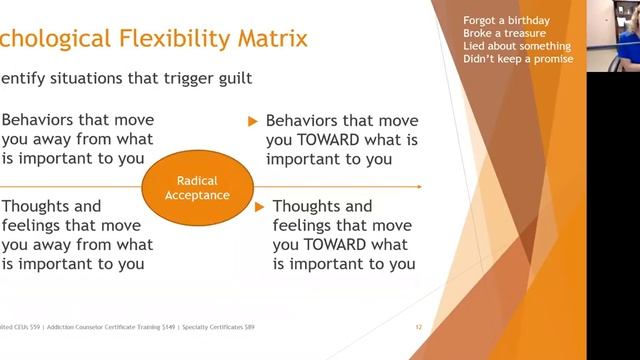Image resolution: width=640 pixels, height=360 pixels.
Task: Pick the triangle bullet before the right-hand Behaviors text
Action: coord(254,122)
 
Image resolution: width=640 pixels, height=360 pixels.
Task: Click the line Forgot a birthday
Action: coord(506,22)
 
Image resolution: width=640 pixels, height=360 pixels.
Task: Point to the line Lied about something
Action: coord(517,46)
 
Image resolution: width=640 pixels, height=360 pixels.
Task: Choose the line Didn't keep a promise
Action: coord(518,59)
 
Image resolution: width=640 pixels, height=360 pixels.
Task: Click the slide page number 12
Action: coord(419,327)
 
